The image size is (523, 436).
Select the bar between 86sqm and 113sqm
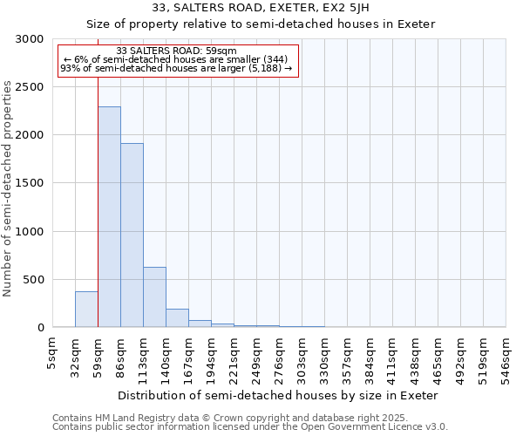pyautogui.click(x=132, y=235)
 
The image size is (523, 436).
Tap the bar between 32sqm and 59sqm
pyautogui.click(x=86, y=310)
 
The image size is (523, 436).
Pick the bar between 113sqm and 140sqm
pyautogui.click(x=154, y=296)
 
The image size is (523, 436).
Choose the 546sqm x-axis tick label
pyautogui.click(x=506, y=356)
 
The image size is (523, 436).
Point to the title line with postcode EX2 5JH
pyautogui.click(x=261, y=8)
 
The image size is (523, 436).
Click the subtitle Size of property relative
pyautogui.click(x=261, y=24)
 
